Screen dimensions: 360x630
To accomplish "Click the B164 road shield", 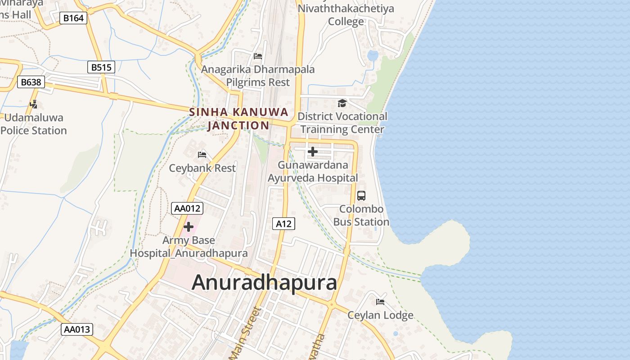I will [x=73, y=18].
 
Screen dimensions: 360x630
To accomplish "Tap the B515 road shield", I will [x=101, y=67].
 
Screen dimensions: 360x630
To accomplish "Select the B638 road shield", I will [x=31, y=82].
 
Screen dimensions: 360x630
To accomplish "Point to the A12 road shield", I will [x=284, y=224].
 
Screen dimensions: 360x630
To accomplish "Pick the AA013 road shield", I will [x=77, y=329].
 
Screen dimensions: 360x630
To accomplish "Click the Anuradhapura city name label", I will [x=264, y=283].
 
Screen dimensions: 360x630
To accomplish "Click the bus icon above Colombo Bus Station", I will [x=361, y=196].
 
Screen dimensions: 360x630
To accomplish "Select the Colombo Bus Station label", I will [x=361, y=216].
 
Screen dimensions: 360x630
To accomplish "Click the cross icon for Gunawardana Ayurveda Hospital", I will [x=312, y=152].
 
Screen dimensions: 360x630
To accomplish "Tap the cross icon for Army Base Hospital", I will [x=189, y=227].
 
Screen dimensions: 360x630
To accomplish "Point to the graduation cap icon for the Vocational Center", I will [x=342, y=103].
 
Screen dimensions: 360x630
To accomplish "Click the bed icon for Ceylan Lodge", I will [x=380, y=301].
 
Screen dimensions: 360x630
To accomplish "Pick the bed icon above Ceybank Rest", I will [x=202, y=155].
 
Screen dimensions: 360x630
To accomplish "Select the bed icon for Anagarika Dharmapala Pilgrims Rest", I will [x=258, y=56].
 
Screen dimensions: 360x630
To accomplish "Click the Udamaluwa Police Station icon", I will [x=33, y=104].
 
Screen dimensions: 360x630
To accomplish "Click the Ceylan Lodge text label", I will [x=380, y=315].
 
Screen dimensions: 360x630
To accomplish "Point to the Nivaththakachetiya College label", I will [x=346, y=15].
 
